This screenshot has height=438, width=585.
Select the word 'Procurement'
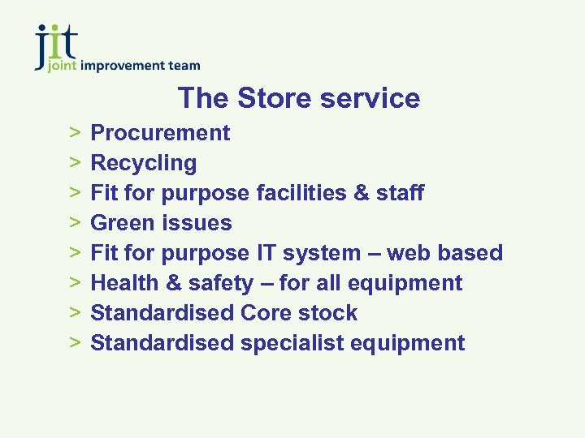(160, 133)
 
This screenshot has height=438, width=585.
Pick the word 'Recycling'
(143, 163)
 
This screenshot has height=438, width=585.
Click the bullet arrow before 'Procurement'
(74, 133)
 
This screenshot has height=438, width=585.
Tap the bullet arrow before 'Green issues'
(74, 223)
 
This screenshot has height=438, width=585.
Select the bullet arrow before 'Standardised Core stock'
(74, 313)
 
